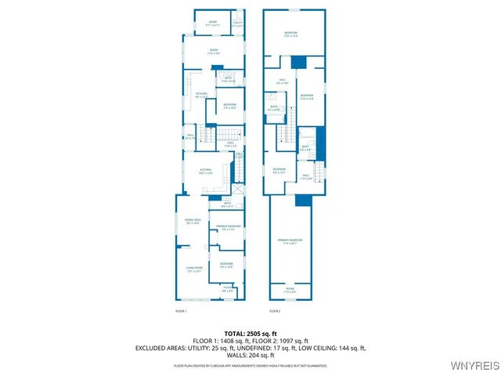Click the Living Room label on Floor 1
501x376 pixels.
[x=194, y=269]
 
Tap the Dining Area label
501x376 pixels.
[x=193, y=222]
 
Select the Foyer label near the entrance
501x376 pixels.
[x=228, y=291]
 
